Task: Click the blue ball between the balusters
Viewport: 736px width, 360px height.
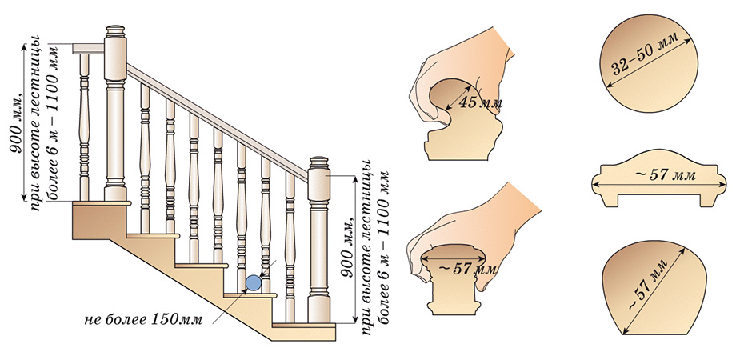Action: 253,282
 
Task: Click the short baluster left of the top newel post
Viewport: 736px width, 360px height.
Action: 84,128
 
